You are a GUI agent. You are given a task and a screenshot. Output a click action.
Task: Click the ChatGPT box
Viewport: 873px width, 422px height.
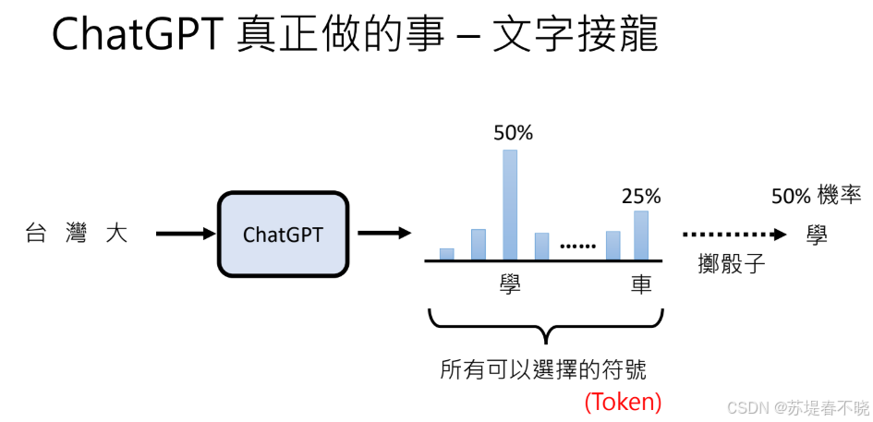(x=284, y=234)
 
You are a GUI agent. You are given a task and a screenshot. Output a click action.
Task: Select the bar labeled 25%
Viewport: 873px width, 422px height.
(x=641, y=235)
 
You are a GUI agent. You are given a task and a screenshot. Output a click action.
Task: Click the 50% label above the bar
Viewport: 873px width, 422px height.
(x=514, y=133)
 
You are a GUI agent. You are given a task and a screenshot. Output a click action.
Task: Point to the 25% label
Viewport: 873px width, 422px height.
(x=641, y=196)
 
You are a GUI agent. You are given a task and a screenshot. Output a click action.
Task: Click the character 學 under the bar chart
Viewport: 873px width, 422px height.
(x=510, y=284)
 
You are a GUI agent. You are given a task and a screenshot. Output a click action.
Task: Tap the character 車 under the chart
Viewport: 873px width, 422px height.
(x=641, y=284)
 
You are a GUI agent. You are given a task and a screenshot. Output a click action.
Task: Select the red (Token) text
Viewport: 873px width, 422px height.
(x=624, y=402)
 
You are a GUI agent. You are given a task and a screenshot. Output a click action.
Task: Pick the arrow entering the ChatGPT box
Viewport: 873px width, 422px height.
(x=185, y=234)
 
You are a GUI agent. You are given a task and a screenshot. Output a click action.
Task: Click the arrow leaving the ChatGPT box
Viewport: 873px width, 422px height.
(x=383, y=233)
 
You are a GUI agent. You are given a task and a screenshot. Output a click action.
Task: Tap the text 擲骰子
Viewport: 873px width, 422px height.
(x=733, y=263)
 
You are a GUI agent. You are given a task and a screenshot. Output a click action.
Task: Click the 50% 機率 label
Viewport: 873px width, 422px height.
(x=817, y=196)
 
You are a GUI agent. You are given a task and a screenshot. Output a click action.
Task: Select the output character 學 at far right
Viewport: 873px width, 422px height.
(x=816, y=235)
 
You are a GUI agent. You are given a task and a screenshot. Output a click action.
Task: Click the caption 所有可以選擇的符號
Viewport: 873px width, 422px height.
(x=543, y=370)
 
